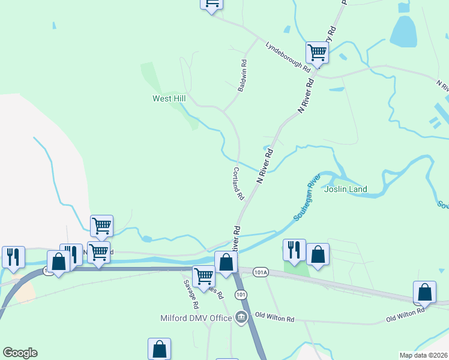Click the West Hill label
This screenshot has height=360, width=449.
[x=169, y=98]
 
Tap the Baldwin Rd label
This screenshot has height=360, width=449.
[x=242, y=75]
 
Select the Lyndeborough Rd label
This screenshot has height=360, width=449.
[x=288, y=57]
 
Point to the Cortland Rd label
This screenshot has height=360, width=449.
[x=238, y=183]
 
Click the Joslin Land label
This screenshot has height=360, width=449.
[x=345, y=190]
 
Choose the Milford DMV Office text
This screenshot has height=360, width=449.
[x=196, y=318]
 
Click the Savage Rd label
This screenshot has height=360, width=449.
[x=191, y=294]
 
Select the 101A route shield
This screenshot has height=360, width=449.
[x=261, y=271]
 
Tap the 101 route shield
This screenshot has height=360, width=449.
[x=241, y=294]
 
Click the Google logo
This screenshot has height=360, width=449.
[x=20, y=353]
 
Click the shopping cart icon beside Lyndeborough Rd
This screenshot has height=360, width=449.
[x=317, y=52]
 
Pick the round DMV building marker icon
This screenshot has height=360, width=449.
[x=241, y=317]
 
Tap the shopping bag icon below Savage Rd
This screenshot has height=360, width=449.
[x=159, y=348]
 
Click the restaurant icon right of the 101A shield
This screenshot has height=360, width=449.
[x=294, y=249]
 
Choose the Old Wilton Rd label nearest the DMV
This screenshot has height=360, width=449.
[x=274, y=315]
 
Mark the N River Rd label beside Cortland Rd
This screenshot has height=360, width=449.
[x=265, y=166]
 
